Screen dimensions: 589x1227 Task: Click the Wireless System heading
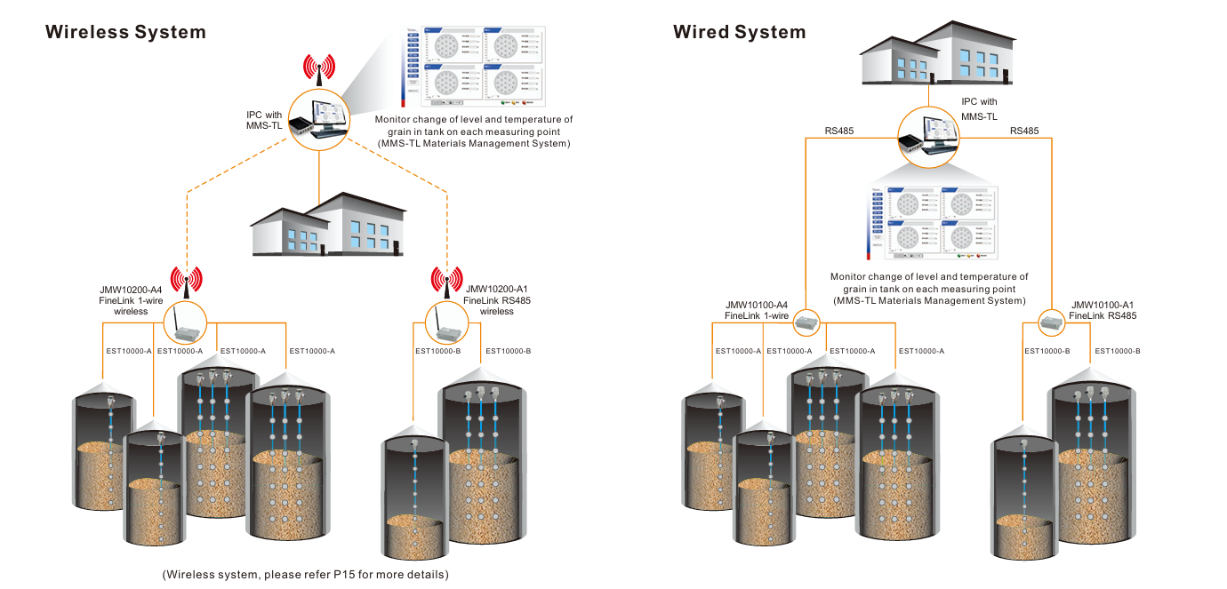(125, 33)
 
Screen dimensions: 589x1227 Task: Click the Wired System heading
(739, 33)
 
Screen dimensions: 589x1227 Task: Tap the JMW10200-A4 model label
(131, 290)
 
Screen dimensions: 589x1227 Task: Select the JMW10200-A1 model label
(497, 290)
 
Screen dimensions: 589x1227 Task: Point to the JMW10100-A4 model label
(757, 305)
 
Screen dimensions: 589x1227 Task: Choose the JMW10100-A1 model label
(1103, 305)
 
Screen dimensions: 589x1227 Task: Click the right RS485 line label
(1024, 131)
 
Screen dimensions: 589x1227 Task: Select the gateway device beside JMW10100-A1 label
(1051, 322)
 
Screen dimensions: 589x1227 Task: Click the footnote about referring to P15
(305, 574)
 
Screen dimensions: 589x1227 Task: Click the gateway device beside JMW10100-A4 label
(806, 322)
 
